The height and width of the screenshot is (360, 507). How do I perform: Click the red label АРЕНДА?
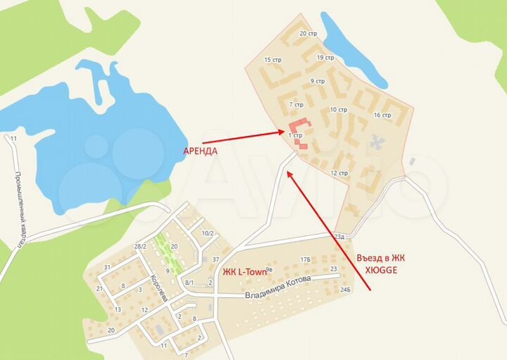click(x=200, y=151)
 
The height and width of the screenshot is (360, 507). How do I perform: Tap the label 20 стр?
click(x=308, y=33)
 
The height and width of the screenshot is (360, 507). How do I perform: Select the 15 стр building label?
click(x=272, y=60)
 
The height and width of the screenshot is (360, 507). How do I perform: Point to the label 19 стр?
click(x=325, y=58)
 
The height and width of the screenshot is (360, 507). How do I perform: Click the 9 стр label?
click(x=317, y=81)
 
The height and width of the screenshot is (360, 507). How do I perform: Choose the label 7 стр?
click(x=296, y=104)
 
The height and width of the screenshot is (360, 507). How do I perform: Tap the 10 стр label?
click(x=338, y=110)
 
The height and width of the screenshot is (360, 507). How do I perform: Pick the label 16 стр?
click(x=382, y=115)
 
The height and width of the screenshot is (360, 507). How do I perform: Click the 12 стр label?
click(x=339, y=173)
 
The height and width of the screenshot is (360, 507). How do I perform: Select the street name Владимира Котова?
click(x=278, y=290)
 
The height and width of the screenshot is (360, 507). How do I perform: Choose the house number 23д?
click(x=341, y=236)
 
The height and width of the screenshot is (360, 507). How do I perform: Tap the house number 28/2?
click(x=140, y=246)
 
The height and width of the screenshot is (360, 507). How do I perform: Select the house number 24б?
click(x=344, y=290)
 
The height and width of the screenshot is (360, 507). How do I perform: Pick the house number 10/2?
click(x=208, y=233)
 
